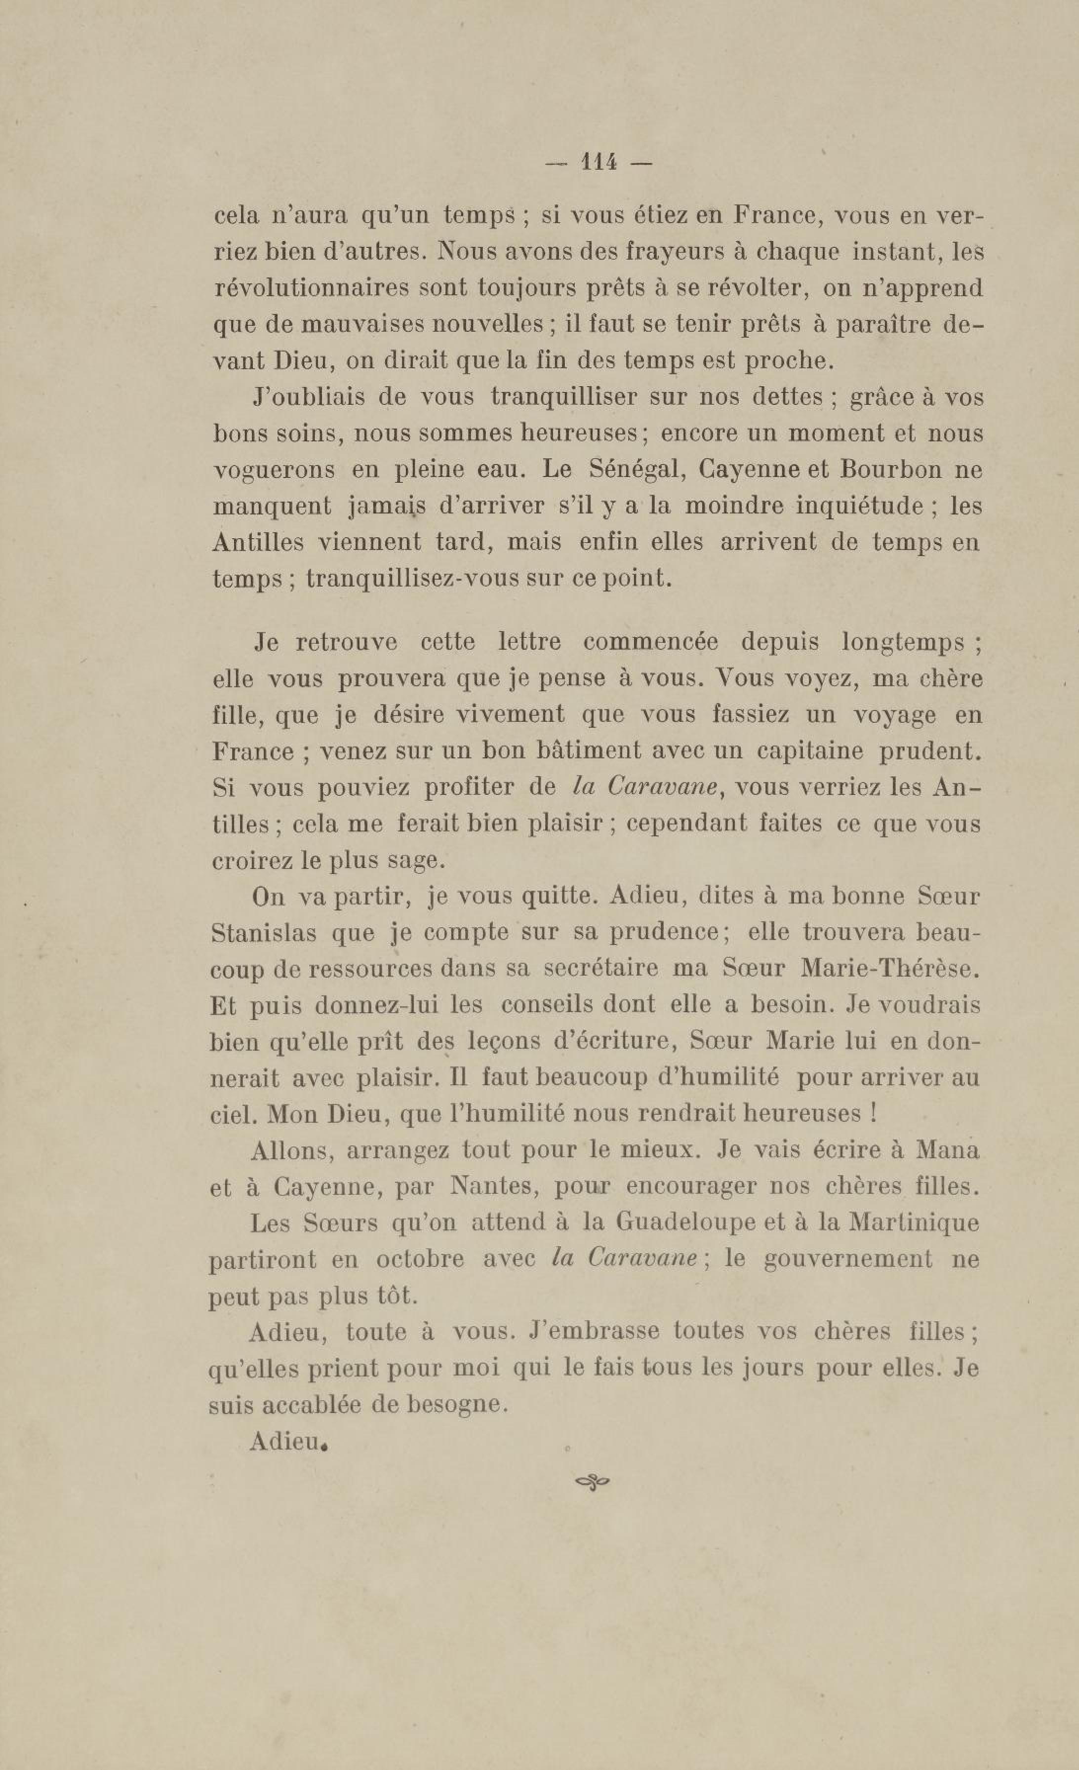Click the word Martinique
pos(913,1222)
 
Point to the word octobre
pos(420,1259)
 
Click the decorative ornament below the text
pos(593,1481)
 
